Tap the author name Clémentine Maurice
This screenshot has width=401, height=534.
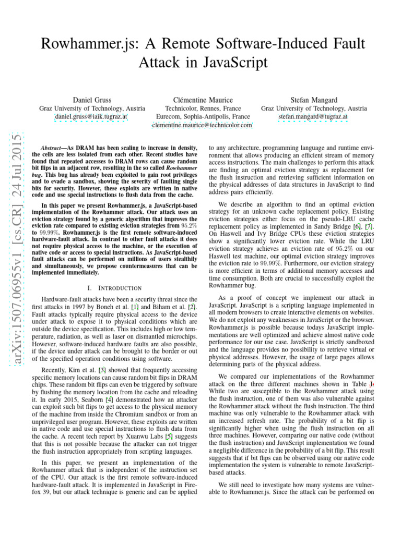click(202, 99)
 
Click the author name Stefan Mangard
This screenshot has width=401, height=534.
click(313, 99)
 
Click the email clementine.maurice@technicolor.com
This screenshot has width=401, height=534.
click(202, 125)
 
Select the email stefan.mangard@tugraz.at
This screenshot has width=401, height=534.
click(313, 117)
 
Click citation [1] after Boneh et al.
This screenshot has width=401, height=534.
click(134, 306)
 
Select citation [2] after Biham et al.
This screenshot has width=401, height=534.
click(192, 306)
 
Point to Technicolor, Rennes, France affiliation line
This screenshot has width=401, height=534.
click(202, 108)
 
